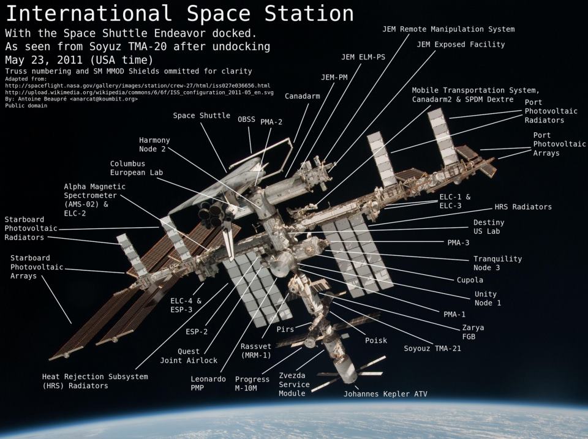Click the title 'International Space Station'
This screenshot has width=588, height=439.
[x=179, y=13]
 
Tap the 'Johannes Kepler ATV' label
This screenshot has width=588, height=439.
[x=385, y=394]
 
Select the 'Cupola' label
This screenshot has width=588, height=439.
[x=470, y=280]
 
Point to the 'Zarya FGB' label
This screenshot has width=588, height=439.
[x=473, y=332]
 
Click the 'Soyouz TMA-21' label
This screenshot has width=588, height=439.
[x=432, y=348]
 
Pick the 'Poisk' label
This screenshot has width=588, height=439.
[x=375, y=340]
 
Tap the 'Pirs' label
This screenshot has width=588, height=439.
[x=285, y=329]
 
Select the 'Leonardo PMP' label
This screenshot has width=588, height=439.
[x=204, y=383]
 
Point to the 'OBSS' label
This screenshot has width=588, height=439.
[x=247, y=119]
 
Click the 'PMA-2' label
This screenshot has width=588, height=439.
[x=271, y=122]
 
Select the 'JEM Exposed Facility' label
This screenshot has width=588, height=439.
[x=461, y=45]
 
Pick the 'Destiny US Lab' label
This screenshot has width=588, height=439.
[x=489, y=227]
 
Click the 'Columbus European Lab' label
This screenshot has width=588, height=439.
[x=136, y=168]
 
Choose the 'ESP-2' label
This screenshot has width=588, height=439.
[x=197, y=331]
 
